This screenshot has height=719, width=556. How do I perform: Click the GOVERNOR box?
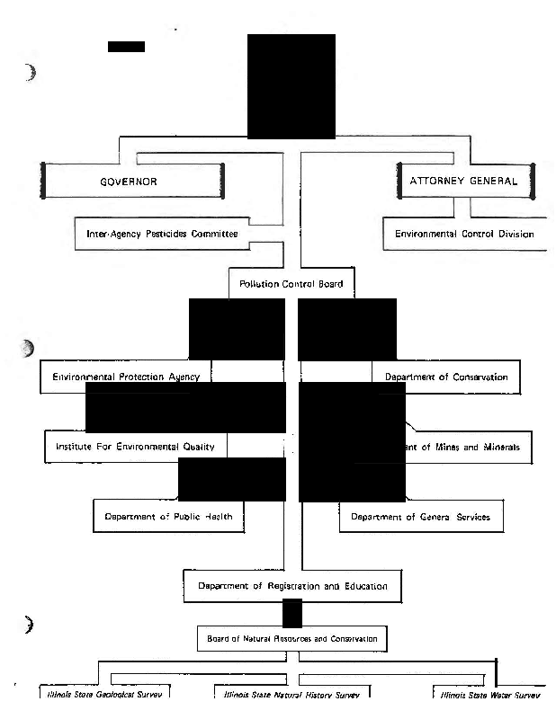click(132, 181)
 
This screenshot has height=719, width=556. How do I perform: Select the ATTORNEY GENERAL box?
click(463, 181)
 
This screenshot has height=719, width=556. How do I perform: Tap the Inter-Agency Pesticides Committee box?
click(162, 234)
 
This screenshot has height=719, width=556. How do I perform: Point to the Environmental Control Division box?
click(464, 234)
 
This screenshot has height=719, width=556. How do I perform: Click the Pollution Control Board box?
click(291, 284)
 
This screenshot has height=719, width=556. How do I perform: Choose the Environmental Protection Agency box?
click(126, 377)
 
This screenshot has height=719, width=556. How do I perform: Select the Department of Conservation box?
click(446, 377)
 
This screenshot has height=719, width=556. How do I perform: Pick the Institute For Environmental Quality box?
click(136, 447)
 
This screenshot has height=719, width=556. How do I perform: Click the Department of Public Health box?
click(168, 517)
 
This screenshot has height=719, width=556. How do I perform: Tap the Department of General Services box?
click(420, 517)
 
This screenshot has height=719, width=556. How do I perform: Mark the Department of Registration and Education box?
click(291, 586)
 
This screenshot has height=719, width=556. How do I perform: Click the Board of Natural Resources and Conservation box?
click(292, 639)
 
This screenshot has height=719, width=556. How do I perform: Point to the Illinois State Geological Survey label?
click(102, 695)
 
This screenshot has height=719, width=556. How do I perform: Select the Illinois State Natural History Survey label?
click(291, 695)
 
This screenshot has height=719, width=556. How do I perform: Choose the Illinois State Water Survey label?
click(486, 695)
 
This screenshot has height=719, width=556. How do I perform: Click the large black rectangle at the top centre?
click(291, 86)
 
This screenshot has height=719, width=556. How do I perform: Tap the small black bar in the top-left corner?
click(126, 46)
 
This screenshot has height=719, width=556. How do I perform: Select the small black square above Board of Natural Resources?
click(291, 612)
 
